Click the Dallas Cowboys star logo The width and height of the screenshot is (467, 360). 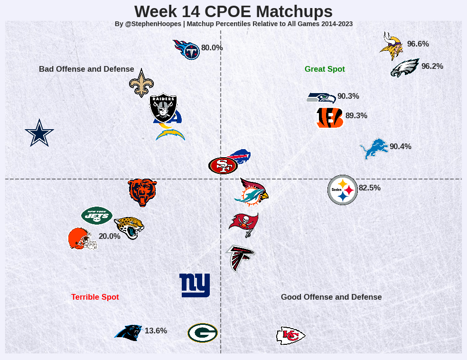39,133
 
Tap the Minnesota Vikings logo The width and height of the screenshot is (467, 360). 392,46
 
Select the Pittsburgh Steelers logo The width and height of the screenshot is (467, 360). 342,190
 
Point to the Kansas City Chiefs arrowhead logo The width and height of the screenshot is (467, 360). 290,336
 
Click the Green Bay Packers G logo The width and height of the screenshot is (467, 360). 203,333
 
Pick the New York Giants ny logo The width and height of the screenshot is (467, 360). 195,285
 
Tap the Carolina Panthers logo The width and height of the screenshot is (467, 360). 129,332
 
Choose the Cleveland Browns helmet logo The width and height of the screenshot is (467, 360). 83,238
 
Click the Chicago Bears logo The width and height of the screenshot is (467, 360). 142,192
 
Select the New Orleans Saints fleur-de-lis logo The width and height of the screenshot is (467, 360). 141,83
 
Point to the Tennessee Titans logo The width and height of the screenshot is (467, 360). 187,49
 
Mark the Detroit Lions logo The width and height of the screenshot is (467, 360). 374,148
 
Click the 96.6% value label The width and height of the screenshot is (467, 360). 418,44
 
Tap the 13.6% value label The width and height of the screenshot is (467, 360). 156,331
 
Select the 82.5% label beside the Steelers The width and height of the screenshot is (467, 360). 370,188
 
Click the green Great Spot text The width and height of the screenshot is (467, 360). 325,69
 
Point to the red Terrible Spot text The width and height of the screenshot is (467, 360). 95,297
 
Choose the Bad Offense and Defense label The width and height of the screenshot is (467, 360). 86,69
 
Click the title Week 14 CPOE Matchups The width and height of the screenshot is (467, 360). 233,11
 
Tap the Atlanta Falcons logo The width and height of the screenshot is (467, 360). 241,258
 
